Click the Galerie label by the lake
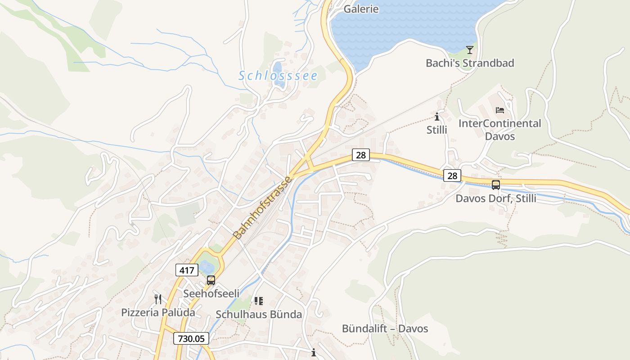pos(361,9)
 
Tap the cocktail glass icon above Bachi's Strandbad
pos(470,49)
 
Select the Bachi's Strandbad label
pos(470,63)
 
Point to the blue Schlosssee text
pos(278,76)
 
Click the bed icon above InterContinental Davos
pos(499,110)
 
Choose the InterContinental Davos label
pos(499,130)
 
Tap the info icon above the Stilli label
pos(437,117)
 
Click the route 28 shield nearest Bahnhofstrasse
pos(360,155)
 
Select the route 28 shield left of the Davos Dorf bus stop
pos(452,175)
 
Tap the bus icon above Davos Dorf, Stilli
pos(496,184)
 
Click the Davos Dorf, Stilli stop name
pos(496,198)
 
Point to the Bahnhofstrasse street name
pos(263,207)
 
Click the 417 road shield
pos(186,270)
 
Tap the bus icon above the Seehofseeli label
pos(211,280)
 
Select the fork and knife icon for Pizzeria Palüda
pos(158,299)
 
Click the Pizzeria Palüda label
pos(158,312)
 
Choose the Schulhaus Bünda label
pos(259,315)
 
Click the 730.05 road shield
pos(191,338)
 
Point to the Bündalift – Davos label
pos(385,328)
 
